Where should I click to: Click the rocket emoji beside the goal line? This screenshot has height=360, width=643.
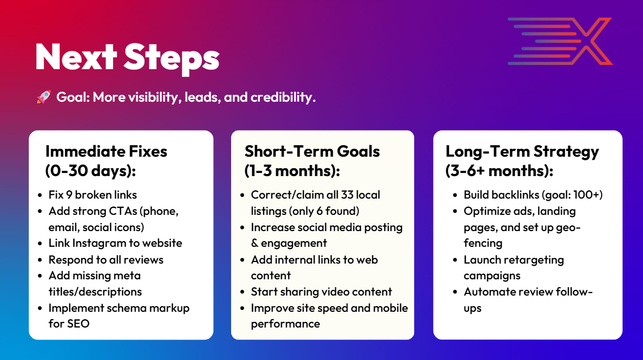coord(44,97)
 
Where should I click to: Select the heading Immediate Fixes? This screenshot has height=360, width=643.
coord(106,151)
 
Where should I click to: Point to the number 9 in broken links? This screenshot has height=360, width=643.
coord(69,195)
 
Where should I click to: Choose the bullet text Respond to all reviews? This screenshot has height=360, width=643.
coord(106,260)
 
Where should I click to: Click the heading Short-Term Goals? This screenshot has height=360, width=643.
coord(312,151)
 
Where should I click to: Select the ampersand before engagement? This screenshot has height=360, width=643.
coord(254,243)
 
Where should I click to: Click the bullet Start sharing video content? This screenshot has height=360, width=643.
coord(321,292)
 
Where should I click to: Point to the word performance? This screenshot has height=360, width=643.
coord(285,324)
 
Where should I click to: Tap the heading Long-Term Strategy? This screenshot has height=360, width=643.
coord(522,152)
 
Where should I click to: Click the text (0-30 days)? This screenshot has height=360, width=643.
coord(91,171)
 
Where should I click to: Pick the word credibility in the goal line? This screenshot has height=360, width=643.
coord(283,97)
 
